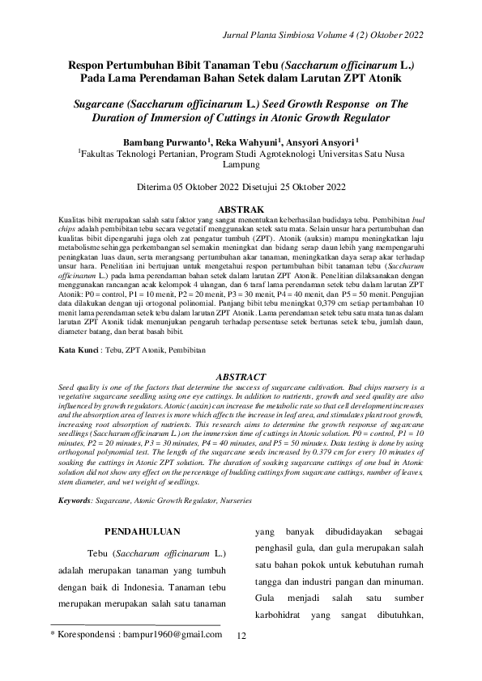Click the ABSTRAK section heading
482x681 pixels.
tap(241, 209)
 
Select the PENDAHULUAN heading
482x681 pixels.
tap(143, 531)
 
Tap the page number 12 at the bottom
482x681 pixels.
tap(241, 637)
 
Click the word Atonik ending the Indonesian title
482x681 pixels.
tap(377, 78)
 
